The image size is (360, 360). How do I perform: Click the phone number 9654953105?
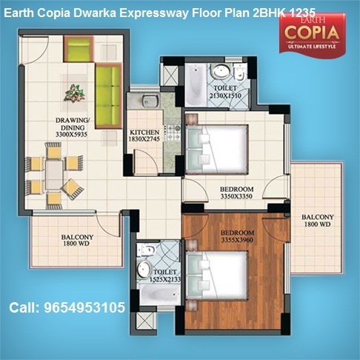click(x=84, y=307)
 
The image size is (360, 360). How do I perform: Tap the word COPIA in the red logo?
click(x=312, y=33)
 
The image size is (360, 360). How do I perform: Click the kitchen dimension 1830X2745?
click(x=144, y=139)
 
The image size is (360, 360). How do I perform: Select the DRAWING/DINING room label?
click(x=73, y=124)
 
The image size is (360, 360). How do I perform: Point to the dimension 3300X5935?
click(x=71, y=135)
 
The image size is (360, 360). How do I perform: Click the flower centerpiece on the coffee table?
click(x=75, y=93)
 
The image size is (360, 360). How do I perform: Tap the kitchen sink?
click(x=150, y=101)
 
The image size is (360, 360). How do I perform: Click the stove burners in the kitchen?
click(x=174, y=133)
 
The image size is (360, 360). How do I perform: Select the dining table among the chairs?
click(x=53, y=175)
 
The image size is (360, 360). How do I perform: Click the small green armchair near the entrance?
click(x=79, y=49)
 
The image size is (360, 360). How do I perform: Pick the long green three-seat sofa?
click(x=109, y=96)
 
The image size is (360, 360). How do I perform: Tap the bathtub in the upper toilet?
click(x=196, y=85)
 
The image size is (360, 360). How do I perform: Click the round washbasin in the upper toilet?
click(x=221, y=71)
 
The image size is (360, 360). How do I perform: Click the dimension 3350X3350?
click(x=236, y=196)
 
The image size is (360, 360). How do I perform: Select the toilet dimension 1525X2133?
click(x=165, y=279)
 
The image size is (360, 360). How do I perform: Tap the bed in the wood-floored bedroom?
click(x=217, y=276)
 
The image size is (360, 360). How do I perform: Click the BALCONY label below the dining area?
click(x=77, y=237)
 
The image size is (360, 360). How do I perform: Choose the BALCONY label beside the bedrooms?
click(x=318, y=217)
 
